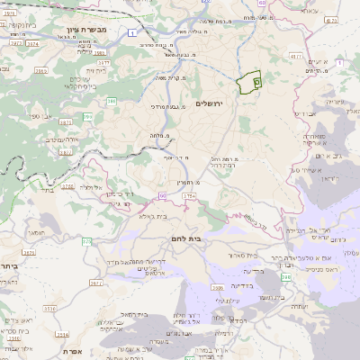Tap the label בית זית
coord(96,70)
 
